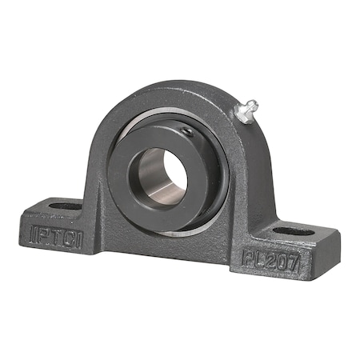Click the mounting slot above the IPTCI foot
(x=66, y=206)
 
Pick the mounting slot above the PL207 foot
(x=294, y=232)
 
